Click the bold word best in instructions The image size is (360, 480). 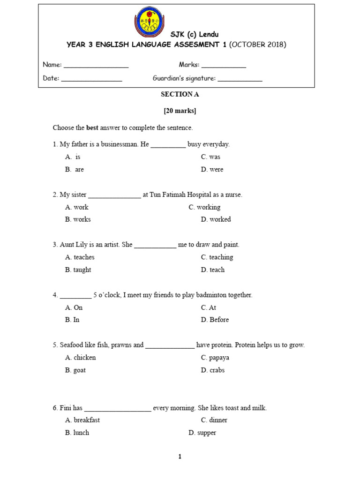pos(92,127)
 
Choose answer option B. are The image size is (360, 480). pos(75,170)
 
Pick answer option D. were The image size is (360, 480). pos(212,170)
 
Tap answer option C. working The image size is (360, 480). pos(205,207)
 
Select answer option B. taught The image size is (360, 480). pos(78,270)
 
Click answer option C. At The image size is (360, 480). pos(209,307)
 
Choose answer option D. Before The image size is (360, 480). pos(215,320)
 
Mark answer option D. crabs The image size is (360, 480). pos(213,370)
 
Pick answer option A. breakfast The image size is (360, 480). pos(82,420)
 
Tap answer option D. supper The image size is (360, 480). pos(202,433)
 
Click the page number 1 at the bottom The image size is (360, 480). pos(180,457)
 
